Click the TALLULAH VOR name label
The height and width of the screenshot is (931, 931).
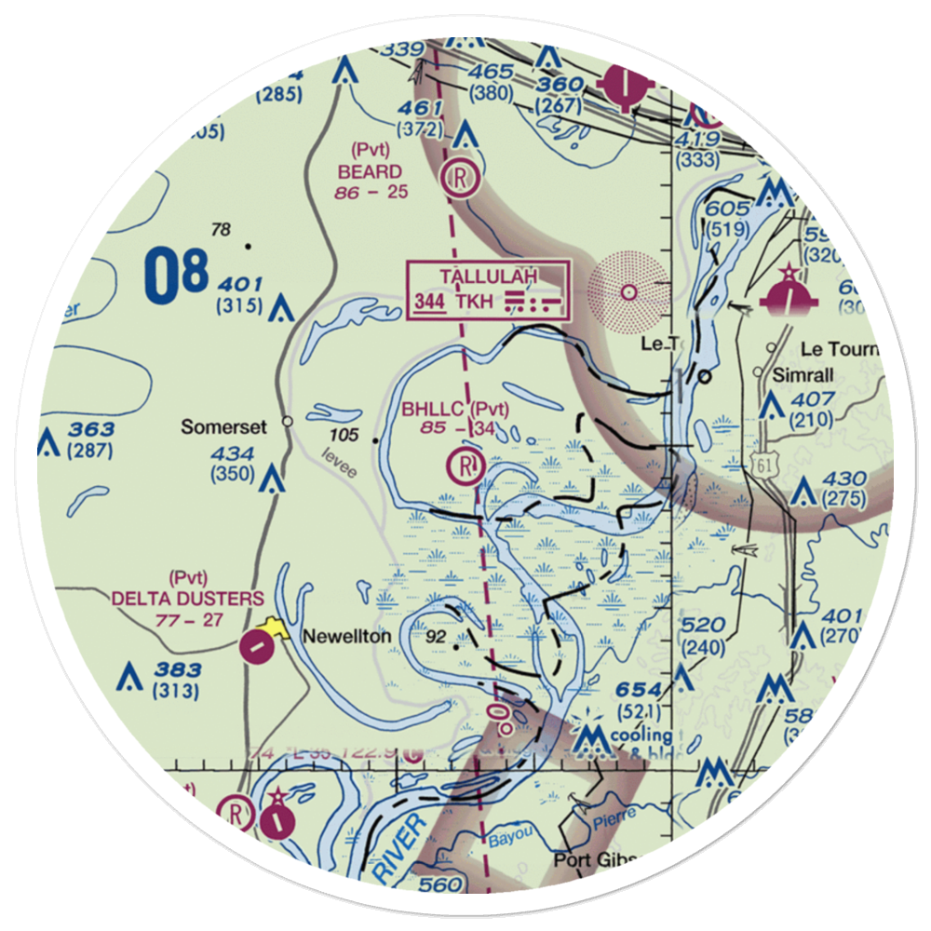(488, 277)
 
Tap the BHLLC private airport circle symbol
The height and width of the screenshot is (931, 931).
(464, 463)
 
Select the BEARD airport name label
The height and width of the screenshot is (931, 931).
(370, 172)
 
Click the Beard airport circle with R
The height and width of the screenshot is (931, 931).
(461, 177)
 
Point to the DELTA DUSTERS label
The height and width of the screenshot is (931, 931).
(187, 599)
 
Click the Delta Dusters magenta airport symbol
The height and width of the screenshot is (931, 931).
(254, 644)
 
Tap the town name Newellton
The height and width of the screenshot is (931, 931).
(346, 638)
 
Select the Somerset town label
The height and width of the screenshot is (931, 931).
(223, 427)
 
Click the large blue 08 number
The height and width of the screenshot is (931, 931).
(175, 276)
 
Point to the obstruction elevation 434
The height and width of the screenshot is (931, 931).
(233, 453)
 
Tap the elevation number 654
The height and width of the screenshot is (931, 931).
(639, 690)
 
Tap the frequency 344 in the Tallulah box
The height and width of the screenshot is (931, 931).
(429, 303)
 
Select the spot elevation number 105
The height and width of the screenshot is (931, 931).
(344, 436)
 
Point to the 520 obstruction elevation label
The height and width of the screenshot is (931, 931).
(703, 626)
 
